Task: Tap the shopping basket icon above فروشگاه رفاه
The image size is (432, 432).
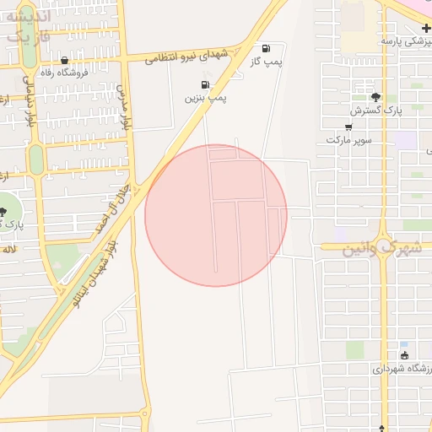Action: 66,60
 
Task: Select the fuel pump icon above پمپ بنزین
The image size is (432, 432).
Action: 206,84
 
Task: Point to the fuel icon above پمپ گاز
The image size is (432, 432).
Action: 267,48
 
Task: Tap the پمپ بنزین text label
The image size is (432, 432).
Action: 207,98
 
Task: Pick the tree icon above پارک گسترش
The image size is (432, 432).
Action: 376,96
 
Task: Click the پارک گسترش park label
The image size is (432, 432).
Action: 375,110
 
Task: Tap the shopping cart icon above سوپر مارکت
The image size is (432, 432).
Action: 348,126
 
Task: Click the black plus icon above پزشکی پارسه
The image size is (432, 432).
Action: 427,29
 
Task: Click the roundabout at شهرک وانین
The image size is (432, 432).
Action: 384,246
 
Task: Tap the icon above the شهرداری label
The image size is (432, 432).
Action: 403,354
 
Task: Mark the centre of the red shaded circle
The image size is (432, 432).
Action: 216,215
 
